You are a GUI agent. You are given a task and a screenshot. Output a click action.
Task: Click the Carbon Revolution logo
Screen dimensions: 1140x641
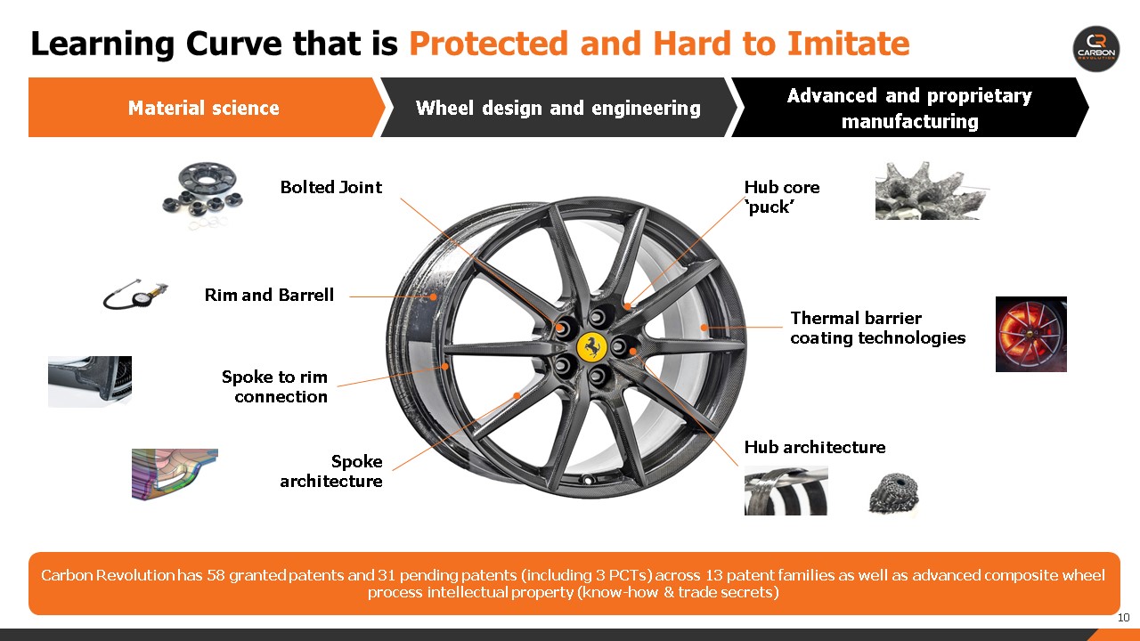(x=1096, y=49)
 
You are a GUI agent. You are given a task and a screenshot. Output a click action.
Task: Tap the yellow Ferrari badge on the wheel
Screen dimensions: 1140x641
(x=592, y=347)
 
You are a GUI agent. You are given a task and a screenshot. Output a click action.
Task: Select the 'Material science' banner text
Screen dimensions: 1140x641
(x=204, y=108)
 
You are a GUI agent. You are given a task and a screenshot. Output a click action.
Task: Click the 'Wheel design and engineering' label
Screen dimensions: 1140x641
(x=558, y=108)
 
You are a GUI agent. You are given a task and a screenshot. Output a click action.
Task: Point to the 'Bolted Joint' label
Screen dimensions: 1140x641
(x=330, y=187)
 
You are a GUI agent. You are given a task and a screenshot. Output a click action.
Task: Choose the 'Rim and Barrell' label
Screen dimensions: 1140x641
(x=269, y=295)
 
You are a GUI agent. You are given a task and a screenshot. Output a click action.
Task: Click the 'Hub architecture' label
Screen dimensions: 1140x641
(x=815, y=447)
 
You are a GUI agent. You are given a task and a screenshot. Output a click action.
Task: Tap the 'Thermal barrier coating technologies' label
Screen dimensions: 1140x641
(x=878, y=328)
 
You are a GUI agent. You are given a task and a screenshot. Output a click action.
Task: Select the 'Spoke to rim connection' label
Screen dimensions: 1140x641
(x=275, y=386)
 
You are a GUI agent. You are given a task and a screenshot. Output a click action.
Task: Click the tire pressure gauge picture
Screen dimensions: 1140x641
(x=135, y=294)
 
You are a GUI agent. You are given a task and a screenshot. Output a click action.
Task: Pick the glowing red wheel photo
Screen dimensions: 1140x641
(x=1031, y=334)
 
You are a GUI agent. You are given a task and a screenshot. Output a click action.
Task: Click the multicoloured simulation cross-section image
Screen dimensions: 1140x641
(x=175, y=474)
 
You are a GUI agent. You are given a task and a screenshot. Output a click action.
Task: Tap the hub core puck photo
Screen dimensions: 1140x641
(x=931, y=191)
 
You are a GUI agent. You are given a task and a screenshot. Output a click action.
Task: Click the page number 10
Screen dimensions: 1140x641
(x=1124, y=618)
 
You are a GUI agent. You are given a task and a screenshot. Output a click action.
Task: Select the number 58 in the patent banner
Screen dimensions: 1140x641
(x=216, y=575)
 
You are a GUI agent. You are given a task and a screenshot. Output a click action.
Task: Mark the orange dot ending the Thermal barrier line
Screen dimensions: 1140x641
(x=704, y=328)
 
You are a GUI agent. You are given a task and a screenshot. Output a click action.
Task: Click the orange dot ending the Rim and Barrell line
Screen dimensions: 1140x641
(x=433, y=296)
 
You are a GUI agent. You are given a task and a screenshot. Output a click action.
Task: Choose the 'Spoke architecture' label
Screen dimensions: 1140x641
(x=331, y=471)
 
